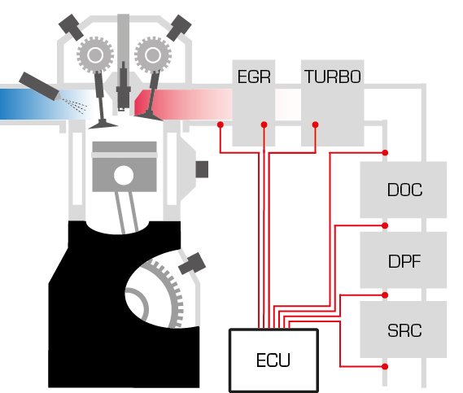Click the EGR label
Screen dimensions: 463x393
pos(254,76)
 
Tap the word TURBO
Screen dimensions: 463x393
pos(333,76)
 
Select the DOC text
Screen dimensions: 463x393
pos(404,190)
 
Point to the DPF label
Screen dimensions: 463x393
pos(404,261)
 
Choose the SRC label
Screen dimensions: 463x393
pos(404,330)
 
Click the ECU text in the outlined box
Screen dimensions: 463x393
pos(273,360)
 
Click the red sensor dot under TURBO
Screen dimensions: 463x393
pos(316,124)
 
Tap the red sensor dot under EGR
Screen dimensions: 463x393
pos(264,124)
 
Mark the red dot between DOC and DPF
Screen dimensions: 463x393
pos(385,225)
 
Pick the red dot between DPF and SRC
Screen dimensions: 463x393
pos(385,295)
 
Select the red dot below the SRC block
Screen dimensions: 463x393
pos(385,366)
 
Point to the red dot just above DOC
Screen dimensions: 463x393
pos(385,153)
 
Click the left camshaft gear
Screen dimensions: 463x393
pos(95,55)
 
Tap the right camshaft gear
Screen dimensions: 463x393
pos(153,55)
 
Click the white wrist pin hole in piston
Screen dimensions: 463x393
pos(124,176)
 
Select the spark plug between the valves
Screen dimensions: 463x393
pos(123,86)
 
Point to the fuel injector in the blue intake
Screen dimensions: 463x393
pos(40,86)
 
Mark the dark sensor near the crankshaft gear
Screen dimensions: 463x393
pos(192,264)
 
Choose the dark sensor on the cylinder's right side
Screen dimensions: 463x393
pos(202,169)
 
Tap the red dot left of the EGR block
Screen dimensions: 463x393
pos(221,124)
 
